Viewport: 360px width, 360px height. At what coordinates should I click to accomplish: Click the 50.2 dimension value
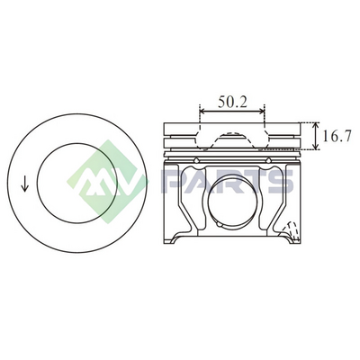[232, 102]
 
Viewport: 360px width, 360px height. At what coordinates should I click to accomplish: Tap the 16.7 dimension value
[337, 136]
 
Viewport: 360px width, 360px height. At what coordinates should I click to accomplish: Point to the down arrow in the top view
[24, 184]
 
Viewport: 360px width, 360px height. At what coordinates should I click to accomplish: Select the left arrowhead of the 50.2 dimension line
[202, 112]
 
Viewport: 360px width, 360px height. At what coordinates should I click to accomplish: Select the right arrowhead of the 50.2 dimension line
[262, 112]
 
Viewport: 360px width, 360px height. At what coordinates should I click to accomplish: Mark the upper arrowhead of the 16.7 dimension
[315, 125]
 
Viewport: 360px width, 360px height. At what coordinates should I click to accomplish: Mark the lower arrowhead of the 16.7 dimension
[315, 146]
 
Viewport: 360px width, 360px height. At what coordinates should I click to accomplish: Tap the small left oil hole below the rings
[196, 160]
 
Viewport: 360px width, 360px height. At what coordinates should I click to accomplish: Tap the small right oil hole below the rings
[268, 160]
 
